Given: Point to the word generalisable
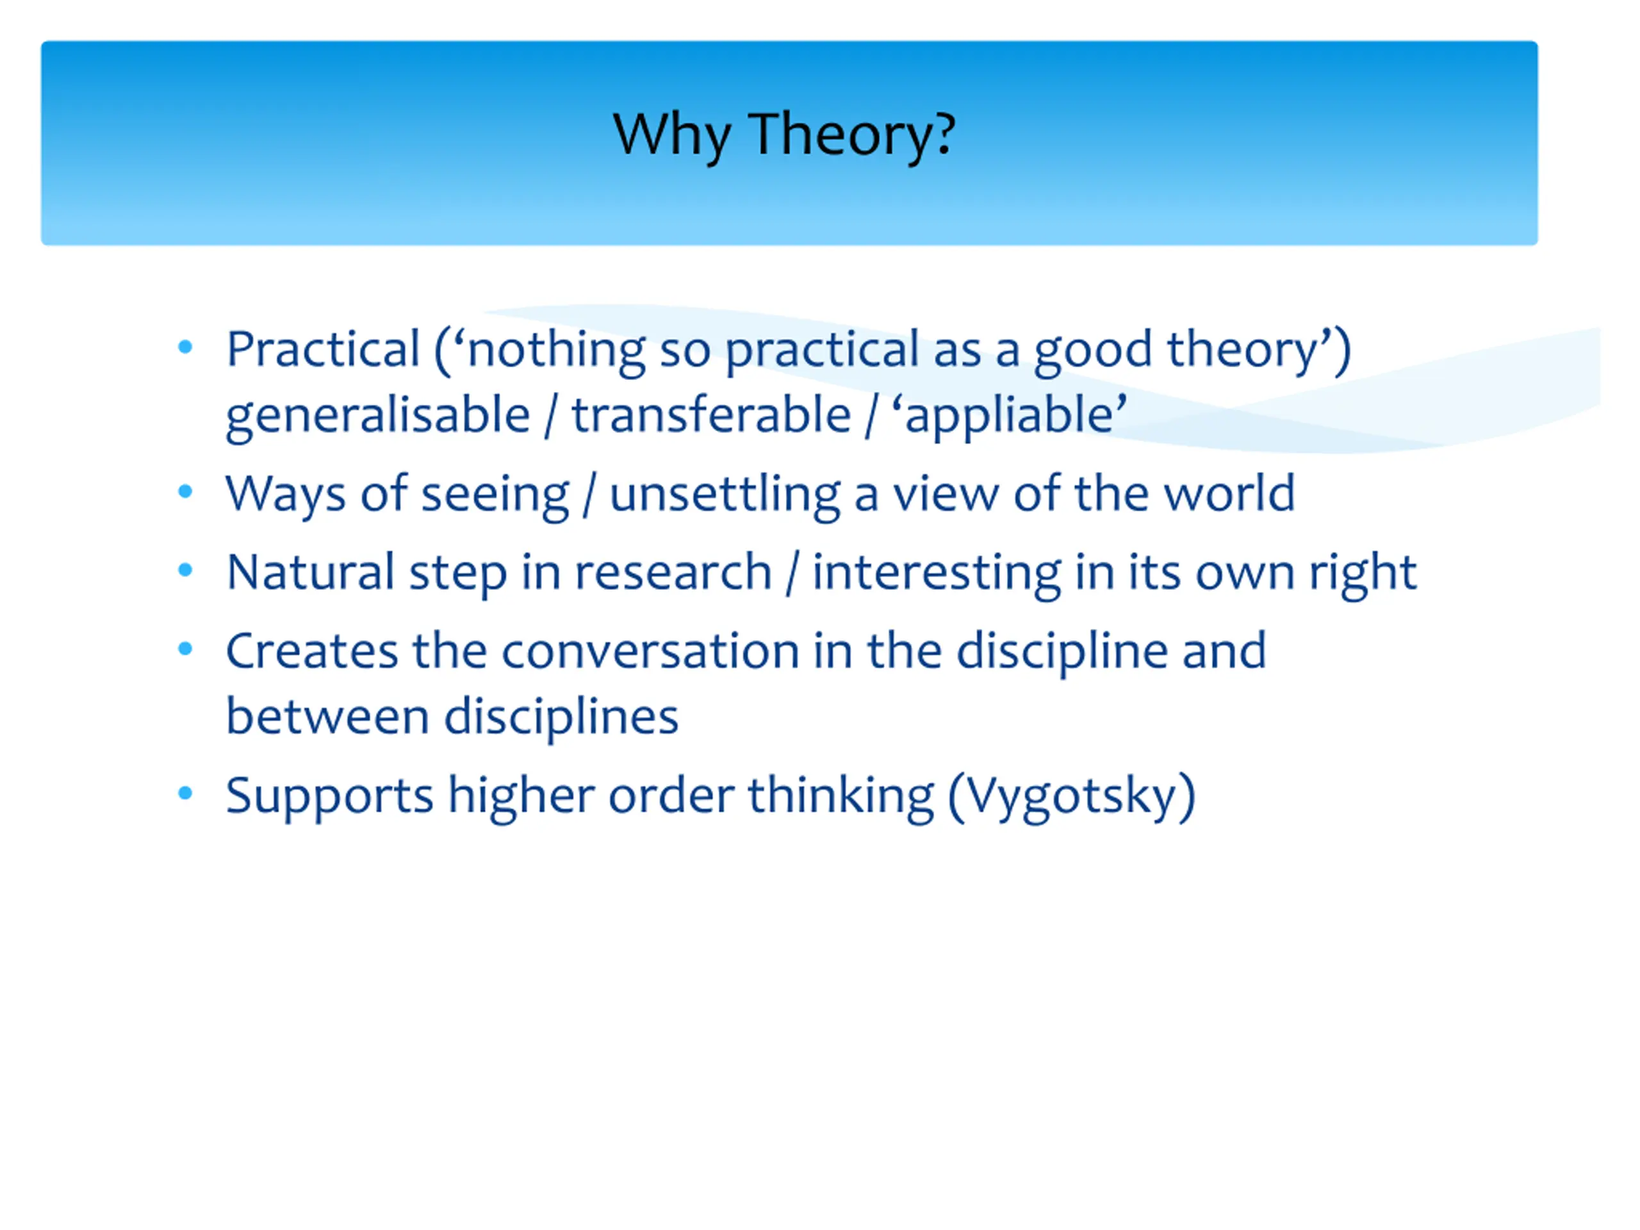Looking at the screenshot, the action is pos(378,414).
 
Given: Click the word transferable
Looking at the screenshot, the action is pos(711,414).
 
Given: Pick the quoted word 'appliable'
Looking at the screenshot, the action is pos(1009,416).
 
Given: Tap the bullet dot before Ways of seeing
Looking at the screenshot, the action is pos(185,491).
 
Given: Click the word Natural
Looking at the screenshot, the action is pos(311,572).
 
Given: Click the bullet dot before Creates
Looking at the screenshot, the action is pos(185,649).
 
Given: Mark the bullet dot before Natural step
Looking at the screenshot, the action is pos(185,570).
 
